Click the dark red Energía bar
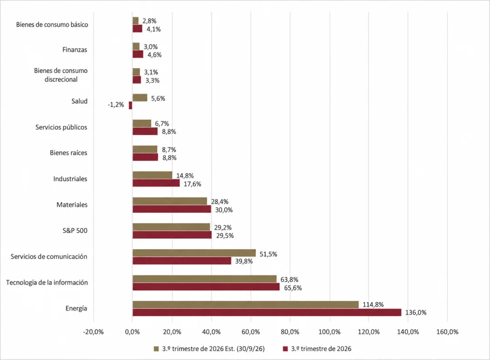click(267, 312)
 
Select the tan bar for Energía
click(246, 305)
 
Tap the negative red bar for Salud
click(131, 105)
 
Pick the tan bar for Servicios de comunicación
click(194, 253)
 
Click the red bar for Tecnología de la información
click(206, 287)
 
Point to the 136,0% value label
click(416, 313)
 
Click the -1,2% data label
click(116, 104)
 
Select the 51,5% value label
click(268, 254)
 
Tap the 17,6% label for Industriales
click(192, 184)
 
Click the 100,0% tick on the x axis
click(329, 332)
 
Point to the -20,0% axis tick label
click(93, 332)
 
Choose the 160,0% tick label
click(447, 332)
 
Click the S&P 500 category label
click(75, 230)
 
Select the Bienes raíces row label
click(68, 153)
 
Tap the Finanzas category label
click(75, 49)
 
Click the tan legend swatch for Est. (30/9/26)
click(156, 349)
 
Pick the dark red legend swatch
click(285, 349)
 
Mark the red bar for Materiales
click(172, 209)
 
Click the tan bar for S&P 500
click(171, 227)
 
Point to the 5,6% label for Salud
click(158, 99)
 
